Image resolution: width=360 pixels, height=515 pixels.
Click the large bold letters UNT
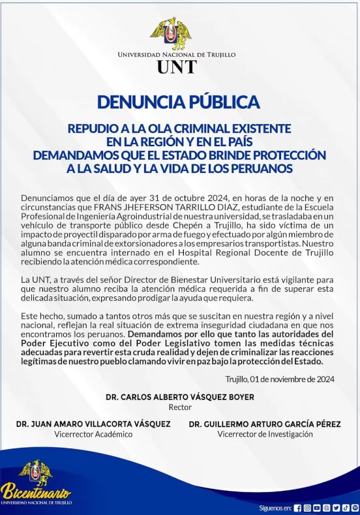point(177,67)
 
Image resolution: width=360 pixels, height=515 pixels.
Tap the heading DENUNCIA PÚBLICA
point(179,102)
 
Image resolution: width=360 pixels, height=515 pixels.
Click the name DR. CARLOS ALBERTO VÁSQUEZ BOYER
point(179,397)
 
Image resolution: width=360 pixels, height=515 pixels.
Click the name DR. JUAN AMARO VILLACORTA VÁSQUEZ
point(93,424)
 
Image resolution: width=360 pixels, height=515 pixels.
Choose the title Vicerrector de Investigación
point(260,433)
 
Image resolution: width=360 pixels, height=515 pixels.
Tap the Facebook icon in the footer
point(297,508)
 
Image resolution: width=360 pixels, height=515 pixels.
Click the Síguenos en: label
point(275,508)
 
